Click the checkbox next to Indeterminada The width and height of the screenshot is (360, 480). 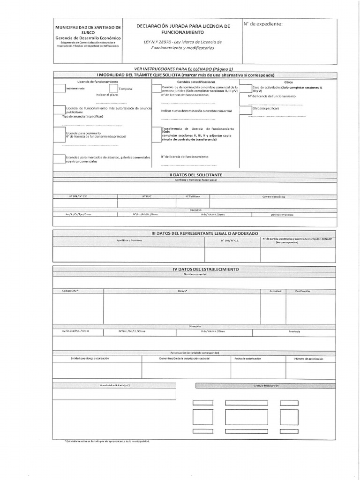tap(59, 88)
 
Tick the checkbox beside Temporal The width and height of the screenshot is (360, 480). tap(113, 88)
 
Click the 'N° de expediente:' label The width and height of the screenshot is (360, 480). tap(263, 24)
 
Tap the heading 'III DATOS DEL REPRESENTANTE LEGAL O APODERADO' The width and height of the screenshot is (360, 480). tap(204, 233)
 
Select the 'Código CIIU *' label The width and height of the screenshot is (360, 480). tap(71, 291)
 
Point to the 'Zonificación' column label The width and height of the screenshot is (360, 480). tap(302, 291)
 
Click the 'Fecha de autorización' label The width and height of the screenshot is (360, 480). tap(248, 359)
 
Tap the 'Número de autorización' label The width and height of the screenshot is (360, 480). tap(309, 359)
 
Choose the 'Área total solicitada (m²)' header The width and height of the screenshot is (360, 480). tap(114, 385)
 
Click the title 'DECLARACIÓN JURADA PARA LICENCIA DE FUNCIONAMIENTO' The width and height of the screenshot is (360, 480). tap(183, 30)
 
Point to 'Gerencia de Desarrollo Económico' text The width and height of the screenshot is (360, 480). tap(88, 38)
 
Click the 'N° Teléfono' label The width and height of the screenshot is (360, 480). tap(192, 196)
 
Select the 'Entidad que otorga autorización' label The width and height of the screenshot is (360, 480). tap(90, 359)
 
